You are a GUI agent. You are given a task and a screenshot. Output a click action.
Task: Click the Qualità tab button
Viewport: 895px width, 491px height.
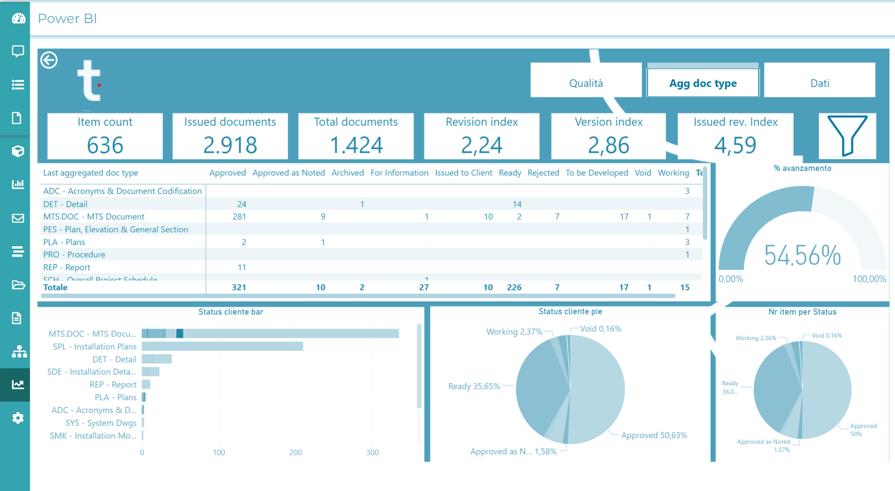[586, 83]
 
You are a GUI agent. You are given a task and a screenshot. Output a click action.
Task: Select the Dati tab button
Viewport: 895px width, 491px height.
[819, 83]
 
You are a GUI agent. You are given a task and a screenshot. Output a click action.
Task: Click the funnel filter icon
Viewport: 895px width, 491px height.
[847, 136]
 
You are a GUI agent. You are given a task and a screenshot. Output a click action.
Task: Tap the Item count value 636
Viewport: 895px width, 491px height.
[105, 145]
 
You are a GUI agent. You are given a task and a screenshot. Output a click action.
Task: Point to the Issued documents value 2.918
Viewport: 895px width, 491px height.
[230, 145]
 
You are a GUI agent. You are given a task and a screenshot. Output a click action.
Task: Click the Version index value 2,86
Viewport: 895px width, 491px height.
[608, 145]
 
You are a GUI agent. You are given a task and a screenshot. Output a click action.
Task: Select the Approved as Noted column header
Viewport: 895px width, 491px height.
[289, 173]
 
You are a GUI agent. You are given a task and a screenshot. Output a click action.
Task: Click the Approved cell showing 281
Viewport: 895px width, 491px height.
[239, 216]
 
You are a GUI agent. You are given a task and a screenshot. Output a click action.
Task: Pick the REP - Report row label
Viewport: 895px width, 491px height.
[67, 267]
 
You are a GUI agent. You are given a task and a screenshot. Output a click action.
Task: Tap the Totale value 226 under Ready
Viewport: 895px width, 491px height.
[514, 287]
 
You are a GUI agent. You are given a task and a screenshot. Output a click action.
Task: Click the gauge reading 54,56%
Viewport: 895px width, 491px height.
[802, 256]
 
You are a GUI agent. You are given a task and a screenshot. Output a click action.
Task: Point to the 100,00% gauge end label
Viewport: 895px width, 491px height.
[869, 279]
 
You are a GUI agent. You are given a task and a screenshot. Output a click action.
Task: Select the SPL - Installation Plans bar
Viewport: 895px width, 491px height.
[222, 346]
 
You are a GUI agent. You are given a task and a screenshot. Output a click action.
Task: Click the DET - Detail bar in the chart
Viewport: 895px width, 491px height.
[156, 359]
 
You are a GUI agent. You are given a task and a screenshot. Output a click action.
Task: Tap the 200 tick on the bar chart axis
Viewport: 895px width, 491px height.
[295, 453]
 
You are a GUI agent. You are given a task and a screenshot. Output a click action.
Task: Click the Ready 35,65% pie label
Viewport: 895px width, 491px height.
[474, 386]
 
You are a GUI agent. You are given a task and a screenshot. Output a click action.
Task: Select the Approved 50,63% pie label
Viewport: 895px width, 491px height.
[654, 435]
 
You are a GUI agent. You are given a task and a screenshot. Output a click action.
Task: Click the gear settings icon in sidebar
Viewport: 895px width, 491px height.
[18, 418]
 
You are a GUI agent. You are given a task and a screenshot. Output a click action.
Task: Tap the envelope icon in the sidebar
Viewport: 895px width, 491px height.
[18, 218]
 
